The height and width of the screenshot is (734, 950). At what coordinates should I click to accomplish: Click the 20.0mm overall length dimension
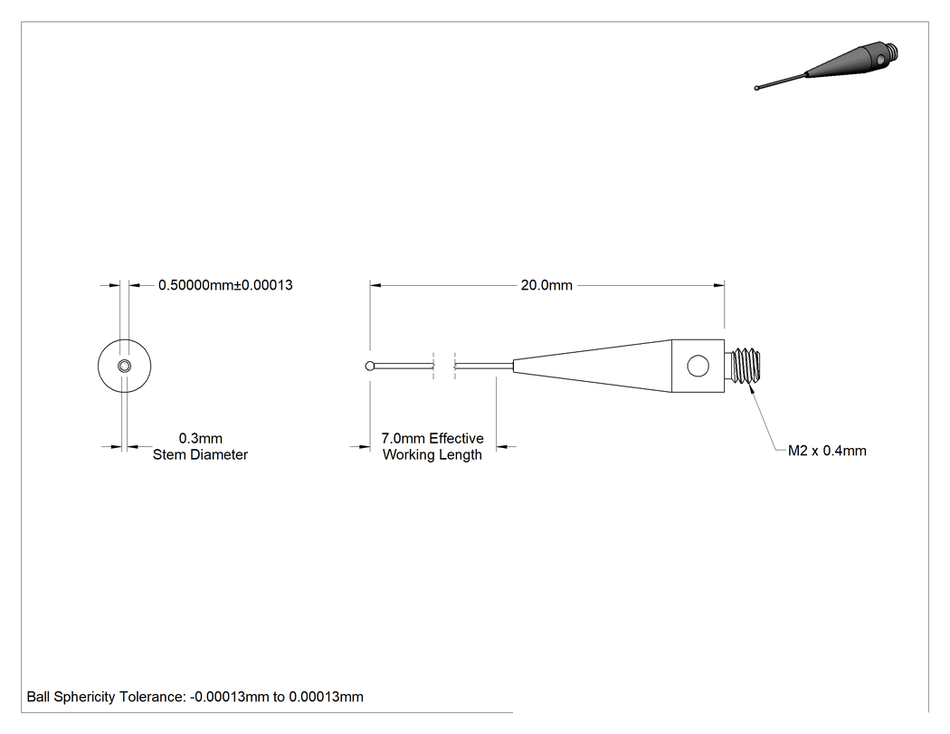546,285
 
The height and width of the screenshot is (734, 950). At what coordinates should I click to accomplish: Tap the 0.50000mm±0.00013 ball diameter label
225,285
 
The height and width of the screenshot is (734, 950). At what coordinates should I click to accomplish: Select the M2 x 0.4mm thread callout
827,451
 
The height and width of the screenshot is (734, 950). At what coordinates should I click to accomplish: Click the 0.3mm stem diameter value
201,438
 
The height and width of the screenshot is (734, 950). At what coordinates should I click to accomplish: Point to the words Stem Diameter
200,454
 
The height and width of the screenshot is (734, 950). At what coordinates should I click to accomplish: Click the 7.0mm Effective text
432,438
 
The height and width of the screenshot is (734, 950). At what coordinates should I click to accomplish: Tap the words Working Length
432,454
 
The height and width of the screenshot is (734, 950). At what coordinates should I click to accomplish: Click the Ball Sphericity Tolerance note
195,697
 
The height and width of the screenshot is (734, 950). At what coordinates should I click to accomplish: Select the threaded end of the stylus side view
746,366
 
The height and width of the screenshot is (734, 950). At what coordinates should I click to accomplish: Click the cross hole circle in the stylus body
698,366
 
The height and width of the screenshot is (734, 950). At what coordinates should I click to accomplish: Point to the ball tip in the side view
370,366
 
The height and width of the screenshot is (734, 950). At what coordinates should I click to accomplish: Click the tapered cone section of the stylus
593,366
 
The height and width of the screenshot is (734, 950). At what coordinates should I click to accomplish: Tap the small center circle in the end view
124,366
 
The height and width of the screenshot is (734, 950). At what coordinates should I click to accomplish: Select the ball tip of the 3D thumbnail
756,89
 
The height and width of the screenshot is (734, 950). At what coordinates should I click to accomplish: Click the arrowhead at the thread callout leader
753,388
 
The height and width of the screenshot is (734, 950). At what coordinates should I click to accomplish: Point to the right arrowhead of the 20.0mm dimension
719,285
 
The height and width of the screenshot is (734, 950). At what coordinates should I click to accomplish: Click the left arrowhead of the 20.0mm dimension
375,285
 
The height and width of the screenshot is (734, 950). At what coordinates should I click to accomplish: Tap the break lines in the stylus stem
444,366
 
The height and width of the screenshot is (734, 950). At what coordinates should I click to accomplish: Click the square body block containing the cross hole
698,366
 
